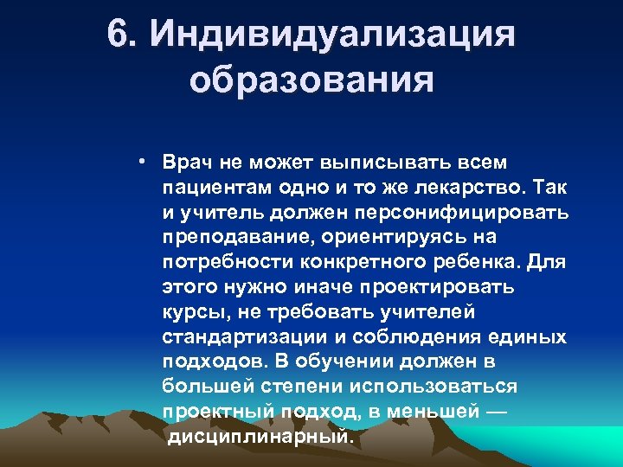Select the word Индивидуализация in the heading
point(332,35)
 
